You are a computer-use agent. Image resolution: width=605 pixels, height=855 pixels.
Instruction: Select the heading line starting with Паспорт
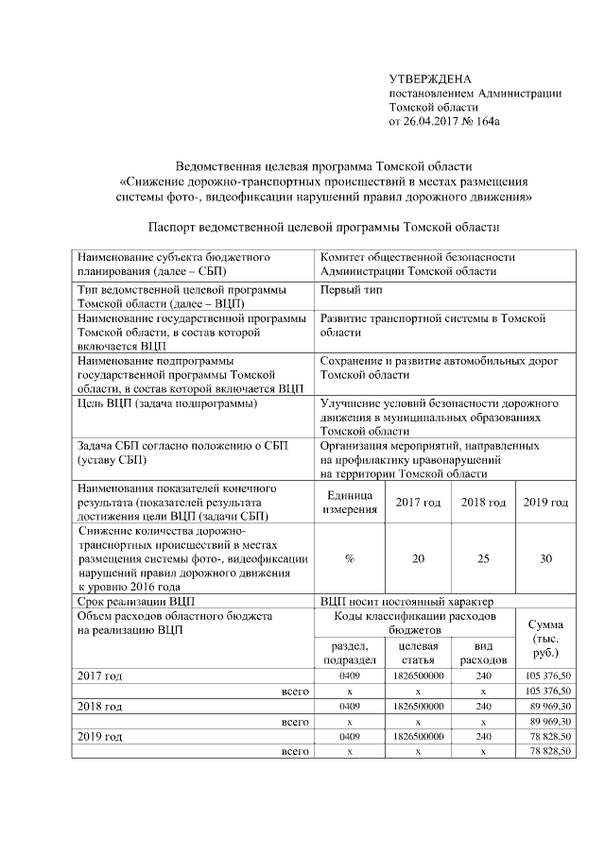coord(323,227)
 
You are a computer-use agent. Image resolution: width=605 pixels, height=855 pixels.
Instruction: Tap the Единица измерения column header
coord(350,504)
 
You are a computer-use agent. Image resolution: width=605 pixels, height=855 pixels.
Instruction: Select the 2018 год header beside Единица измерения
coord(483,503)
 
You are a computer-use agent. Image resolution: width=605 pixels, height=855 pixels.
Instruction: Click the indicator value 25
coord(483,559)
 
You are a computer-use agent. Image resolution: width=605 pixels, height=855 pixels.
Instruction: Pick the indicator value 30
coord(545,559)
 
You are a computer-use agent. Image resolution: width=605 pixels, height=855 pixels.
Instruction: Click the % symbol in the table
coord(350,559)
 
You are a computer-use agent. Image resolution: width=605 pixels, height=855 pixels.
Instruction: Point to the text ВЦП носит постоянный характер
coord(406,601)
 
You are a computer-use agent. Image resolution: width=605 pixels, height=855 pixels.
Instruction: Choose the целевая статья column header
coord(417,652)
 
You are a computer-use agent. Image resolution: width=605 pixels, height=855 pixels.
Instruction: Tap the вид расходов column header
coord(483,652)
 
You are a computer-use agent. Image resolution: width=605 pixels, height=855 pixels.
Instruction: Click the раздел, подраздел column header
coord(350,652)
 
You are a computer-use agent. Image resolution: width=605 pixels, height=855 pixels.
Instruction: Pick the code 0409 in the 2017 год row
coord(350,676)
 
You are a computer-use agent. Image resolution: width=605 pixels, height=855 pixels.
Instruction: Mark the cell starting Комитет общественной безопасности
coord(418,264)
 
